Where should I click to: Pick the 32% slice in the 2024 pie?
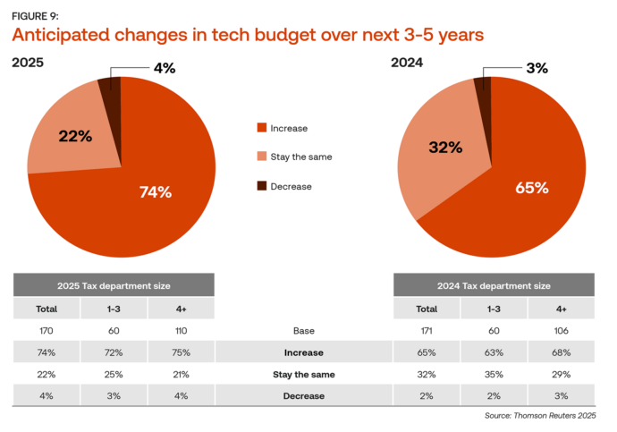(x=443, y=148)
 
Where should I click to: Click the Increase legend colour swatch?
(x=262, y=128)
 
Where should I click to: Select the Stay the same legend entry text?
(x=301, y=157)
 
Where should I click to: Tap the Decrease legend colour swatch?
(x=262, y=185)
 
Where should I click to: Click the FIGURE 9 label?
(x=35, y=15)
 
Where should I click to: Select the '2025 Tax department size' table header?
(x=114, y=285)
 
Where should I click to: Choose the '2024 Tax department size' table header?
(x=494, y=285)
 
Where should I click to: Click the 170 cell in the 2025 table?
(x=46, y=331)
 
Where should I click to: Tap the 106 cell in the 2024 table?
(x=561, y=331)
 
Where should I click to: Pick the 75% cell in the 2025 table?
(x=182, y=352)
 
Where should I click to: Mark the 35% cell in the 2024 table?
(x=494, y=374)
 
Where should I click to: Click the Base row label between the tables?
(x=303, y=331)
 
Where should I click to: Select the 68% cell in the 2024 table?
(x=561, y=352)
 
